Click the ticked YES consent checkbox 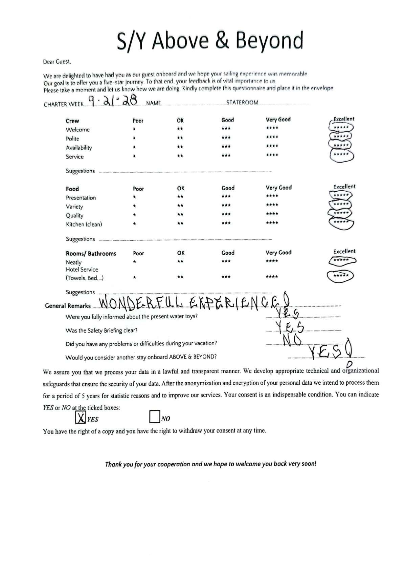click(80, 418)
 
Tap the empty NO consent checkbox click(154, 417)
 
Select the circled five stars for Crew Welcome click(341, 128)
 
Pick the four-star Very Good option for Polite click(272, 137)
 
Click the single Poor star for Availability click(134, 147)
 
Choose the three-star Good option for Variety click(226, 205)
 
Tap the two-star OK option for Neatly click(180, 261)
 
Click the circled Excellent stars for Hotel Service click(340, 276)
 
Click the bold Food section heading click(72, 189)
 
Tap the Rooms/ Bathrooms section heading click(91, 254)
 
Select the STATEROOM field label click(242, 103)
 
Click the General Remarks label click(68, 306)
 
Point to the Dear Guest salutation click(57, 62)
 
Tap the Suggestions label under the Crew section click(80, 171)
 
